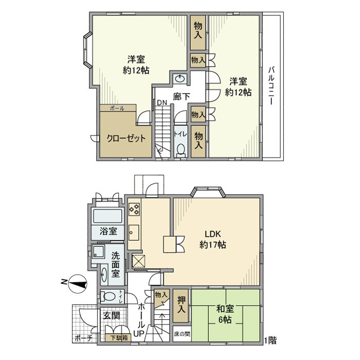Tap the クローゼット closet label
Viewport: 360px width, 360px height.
[x=126, y=138]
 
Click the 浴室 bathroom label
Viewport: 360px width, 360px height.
[x=108, y=231]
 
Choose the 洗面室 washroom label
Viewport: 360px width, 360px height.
[x=116, y=264]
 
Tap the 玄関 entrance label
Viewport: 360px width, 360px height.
[x=109, y=315]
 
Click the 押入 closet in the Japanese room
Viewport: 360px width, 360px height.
[x=182, y=305]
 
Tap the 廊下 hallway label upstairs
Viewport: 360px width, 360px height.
[x=181, y=96]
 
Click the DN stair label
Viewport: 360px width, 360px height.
[x=161, y=103]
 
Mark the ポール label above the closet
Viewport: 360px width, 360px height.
[x=117, y=109]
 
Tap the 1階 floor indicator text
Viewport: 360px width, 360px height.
[x=271, y=340]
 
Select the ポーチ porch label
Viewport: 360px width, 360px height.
[x=83, y=338]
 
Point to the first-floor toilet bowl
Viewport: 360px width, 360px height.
[x=108, y=297]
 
